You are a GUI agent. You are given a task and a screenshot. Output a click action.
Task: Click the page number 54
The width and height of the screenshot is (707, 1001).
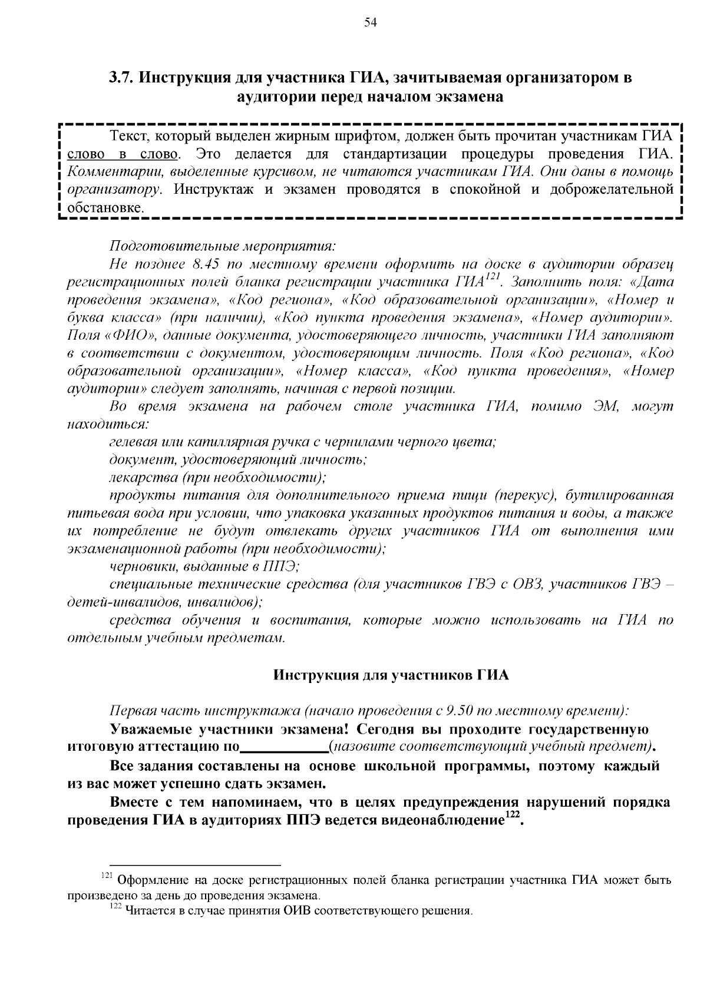370,23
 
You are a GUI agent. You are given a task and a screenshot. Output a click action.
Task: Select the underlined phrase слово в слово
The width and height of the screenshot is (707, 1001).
123,155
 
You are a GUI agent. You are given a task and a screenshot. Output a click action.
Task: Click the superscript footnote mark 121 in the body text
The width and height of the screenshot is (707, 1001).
492,277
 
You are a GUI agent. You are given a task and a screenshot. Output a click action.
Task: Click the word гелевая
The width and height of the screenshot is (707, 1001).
133,442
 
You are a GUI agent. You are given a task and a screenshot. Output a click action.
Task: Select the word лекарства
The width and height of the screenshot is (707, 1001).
140,477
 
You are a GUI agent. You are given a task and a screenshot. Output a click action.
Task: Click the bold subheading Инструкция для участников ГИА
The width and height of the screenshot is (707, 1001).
391,675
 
